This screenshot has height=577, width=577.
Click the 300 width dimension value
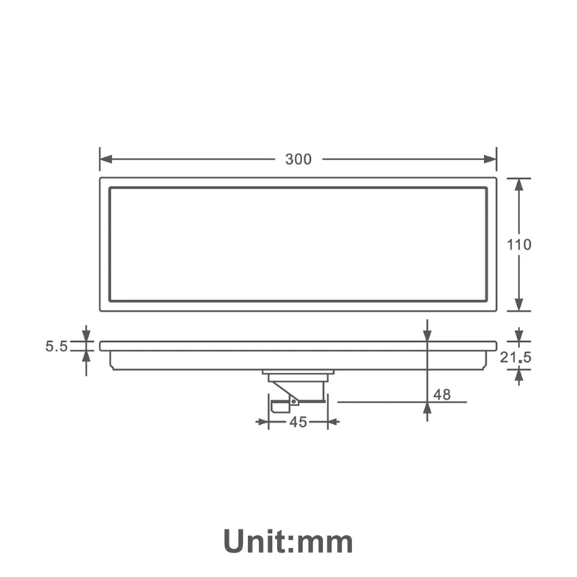pyautogui.click(x=299, y=159)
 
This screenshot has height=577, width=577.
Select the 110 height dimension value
pyautogui.click(x=519, y=245)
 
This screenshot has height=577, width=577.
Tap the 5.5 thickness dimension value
pyautogui.click(x=57, y=346)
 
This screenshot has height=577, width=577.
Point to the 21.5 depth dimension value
pyautogui.click(x=516, y=357)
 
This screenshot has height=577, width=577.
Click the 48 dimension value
pyautogui.click(x=442, y=395)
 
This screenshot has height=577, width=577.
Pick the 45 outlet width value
pyautogui.click(x=298, y=422)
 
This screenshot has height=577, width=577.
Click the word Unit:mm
pyautogui.click(x=288, y=542)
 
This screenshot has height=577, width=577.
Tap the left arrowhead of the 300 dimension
pyautogui.click(x=105, y=159)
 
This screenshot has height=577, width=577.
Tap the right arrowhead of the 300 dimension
pyautogui.click(x=490, y=159)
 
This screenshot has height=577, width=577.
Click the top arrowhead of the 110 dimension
pyautogui.click(x=519, y=185)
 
